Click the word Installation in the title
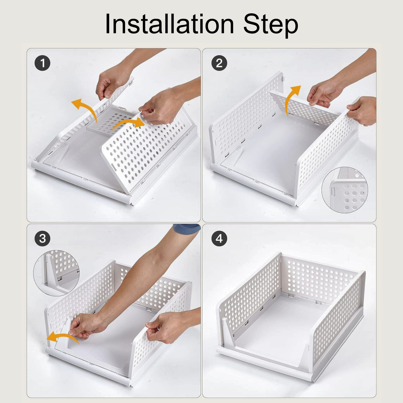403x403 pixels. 170,24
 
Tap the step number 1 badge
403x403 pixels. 42,63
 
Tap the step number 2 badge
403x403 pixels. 219,63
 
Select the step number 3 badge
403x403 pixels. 42,238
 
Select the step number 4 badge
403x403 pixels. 219,238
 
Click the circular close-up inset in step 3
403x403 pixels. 56,273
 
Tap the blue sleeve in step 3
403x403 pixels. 187,228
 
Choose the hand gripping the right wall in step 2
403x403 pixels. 363,111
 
